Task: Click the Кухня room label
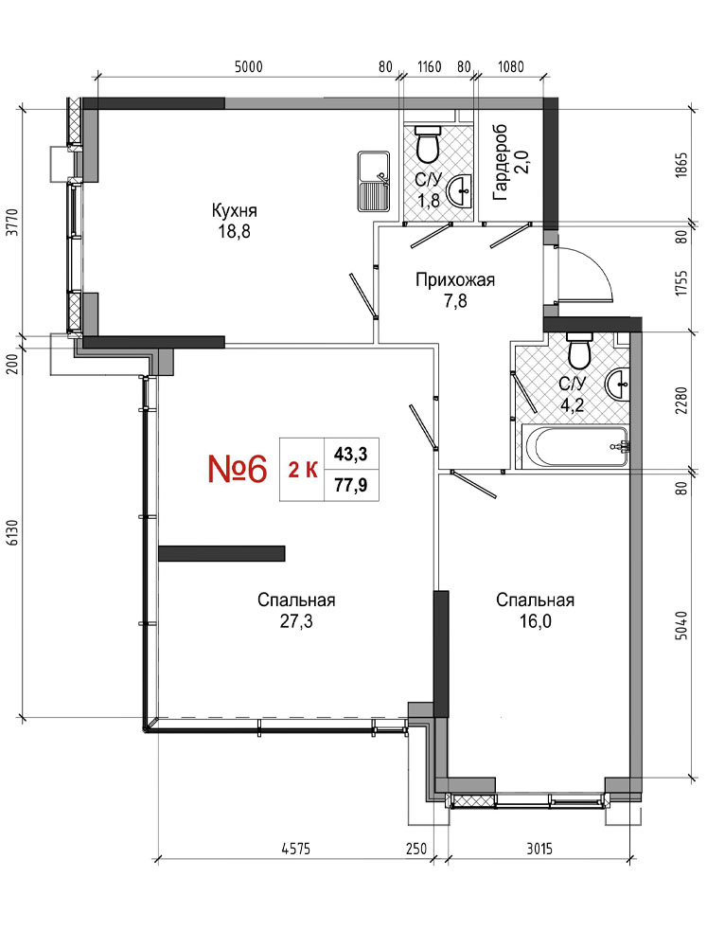point(235,211)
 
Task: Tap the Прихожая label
point(455,279)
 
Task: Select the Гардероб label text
point(500,162)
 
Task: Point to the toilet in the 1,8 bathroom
point(427,144)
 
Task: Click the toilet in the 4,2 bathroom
point(579,350)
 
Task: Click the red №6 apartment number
point(238,469)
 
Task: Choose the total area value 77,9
point(350,486)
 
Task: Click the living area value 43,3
point(350,455)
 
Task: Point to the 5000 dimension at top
point(249,66)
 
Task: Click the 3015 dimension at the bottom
point(539,849)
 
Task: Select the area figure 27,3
point(296,621)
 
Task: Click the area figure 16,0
point(535,621)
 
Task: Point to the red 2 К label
point(302,471)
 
